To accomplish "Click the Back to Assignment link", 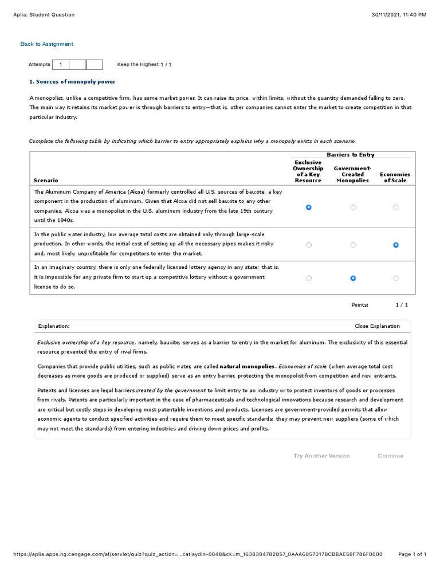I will coord(46,44).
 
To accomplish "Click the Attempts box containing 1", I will coord(60,65).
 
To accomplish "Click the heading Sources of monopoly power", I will coord(72,82).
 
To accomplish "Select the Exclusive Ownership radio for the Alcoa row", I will coord(309,208).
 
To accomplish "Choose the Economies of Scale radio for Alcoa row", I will coord(396,208).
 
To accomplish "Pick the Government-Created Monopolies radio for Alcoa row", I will coord(353,208).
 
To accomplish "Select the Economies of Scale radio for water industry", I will coord(396,245).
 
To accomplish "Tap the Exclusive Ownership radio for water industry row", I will coord(309,245).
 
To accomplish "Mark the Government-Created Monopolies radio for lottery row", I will coord(353,278).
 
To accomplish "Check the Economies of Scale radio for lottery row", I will coord(396,278).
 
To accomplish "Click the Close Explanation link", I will coord(377,326).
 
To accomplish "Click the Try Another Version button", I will coord(321,456).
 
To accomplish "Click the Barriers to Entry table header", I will coord(351,155).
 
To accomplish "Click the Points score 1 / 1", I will coord(402,305).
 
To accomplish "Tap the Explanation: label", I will coord(54,326).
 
